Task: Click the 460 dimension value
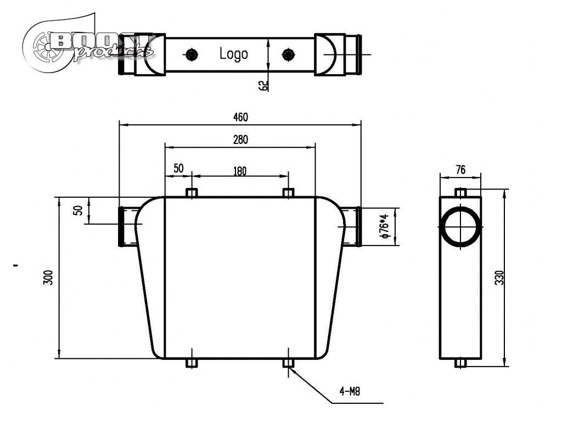240,117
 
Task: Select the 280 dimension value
240,140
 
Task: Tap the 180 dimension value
240,171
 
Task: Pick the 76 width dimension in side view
460,170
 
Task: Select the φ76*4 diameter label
385,226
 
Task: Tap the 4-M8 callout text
349,392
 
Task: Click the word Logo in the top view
234,54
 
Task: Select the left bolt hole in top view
191,54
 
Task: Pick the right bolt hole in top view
288,54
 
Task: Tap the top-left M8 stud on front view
191,193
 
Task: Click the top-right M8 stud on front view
288,193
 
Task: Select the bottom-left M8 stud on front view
191,363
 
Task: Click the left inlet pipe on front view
128,226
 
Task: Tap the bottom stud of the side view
461,363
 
